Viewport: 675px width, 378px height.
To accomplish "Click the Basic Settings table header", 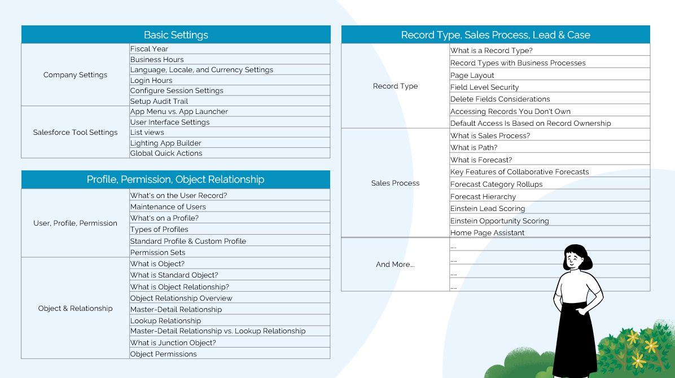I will (176, 35).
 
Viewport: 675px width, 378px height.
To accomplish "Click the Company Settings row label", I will (75, 75).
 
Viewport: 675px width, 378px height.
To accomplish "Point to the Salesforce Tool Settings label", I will (75, 133).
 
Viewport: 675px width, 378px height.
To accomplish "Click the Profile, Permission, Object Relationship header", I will (176, 180).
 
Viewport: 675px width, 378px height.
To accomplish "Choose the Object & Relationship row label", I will (75, 309).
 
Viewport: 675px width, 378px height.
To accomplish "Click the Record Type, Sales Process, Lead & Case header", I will (496, 35).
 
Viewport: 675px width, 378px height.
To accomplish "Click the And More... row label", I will (395, 265).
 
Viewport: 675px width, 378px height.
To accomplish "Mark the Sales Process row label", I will (395, 183).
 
